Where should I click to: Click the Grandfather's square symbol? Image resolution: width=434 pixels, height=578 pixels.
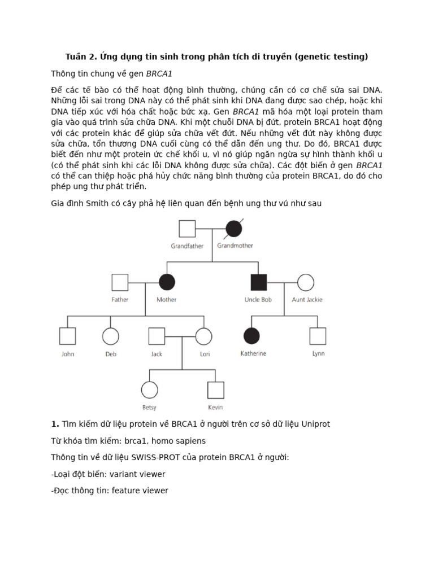[187, 229]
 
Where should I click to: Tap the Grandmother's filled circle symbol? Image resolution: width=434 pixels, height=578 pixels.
[235, 229]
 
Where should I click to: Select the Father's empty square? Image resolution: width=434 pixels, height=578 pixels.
[120, 282]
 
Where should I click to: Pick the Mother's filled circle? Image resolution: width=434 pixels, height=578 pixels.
[167, 282]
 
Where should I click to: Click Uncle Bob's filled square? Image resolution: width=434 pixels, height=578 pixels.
[258, 282]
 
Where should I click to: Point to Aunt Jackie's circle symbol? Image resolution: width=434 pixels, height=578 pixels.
[306, 282]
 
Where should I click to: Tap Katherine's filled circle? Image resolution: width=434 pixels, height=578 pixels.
[252, 336]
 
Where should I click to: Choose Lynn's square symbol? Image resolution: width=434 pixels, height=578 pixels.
[318, 336]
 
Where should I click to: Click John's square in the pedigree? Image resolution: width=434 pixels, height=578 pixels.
[68, 336]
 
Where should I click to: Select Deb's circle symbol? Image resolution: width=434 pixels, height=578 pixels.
[111, 336]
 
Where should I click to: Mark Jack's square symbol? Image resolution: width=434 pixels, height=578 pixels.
[157, 336]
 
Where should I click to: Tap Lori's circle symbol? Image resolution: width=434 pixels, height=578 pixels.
[204, 336]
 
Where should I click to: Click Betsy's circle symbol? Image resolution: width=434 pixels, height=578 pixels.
[149, 390]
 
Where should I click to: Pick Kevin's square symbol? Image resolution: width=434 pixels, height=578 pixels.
[215, 390]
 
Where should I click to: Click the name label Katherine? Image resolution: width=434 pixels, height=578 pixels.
[253, 354]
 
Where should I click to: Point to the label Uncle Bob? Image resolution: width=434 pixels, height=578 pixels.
[258, 300]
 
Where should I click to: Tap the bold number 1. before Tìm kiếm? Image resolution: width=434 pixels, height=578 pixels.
[55, 424]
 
